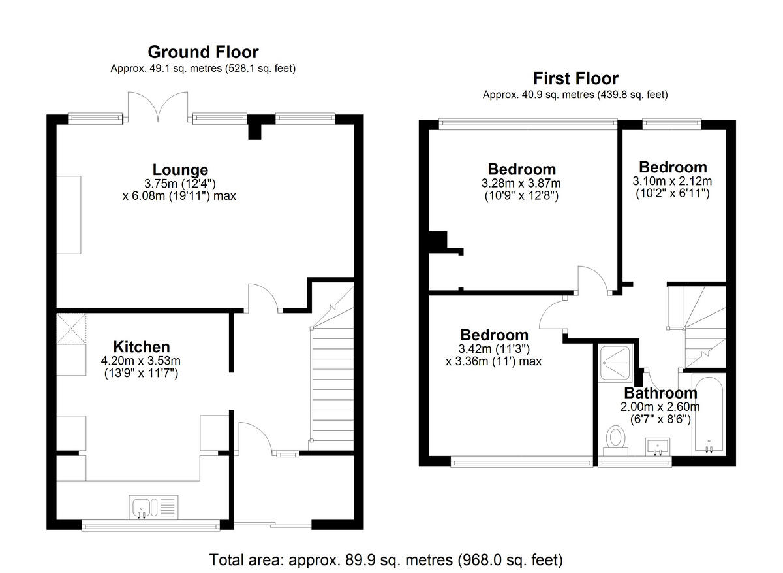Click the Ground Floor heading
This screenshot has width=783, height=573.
[203, 52]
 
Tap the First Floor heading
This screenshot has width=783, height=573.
[576, 78]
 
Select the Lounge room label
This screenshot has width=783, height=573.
[180, 170]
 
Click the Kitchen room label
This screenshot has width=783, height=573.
[142, 346]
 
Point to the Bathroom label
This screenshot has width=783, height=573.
[660, 393]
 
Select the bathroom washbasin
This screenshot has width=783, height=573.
[658, 446]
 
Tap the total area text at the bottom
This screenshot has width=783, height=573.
[386, 560]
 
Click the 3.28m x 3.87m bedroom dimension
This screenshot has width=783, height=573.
[521, 184]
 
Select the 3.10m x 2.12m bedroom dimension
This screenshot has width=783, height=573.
[672, 181]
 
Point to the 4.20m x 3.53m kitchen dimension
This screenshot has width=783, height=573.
[142, 361]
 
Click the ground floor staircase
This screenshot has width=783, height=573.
[330, 385]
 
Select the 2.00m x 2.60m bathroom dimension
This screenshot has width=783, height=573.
[660, 406]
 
